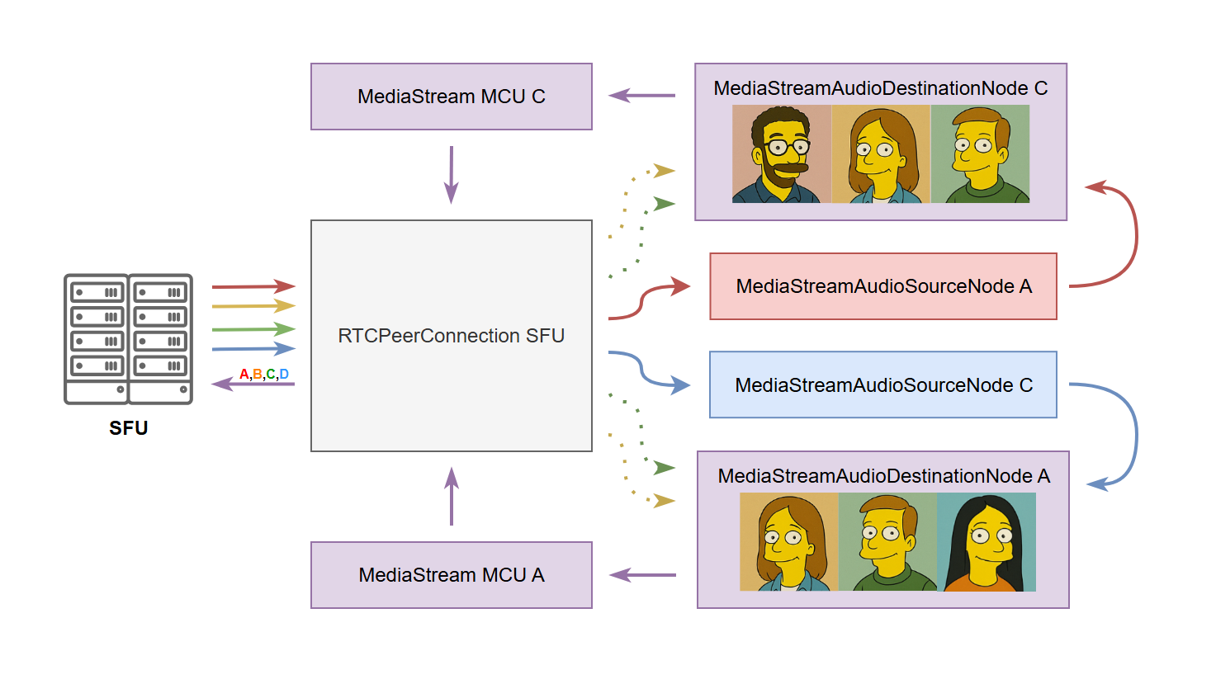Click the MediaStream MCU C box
pyautogui.click(x=451, y=97)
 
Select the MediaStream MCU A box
pyautogui.click(x=451, y=575)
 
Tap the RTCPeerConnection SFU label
pyautogui.click(x=451, y=336)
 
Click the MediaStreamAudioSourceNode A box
pyautogui.click(x=883, y=286)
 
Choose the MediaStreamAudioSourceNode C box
pyautogui.click(x=883, y=385)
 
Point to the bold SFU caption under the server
pyautogui.click(x=129, y=428)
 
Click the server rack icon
pyautogui.click(x=129, y=338)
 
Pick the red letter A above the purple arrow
pyautogui.click(x=244, y=375)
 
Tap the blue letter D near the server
pyautogui.click(x=284, y=375)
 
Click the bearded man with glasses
pyautogui.click(x=781, y=154)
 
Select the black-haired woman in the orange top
pyautogui.click(x=987, y=542)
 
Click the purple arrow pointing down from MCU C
pyautogui.click(x=451, y=175)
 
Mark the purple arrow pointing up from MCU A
pyautogui.click(x=451, y=496)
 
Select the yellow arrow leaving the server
pyautogui.click(x=253, y=306)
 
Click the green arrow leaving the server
pyautogui.click(x=253, y=329)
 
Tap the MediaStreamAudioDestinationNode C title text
pyautogui.click(x=880, y=88)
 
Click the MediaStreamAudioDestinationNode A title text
pyautogui.click(x=883, y=476)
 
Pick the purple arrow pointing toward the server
pyautogui.click(x=253, y=384)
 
